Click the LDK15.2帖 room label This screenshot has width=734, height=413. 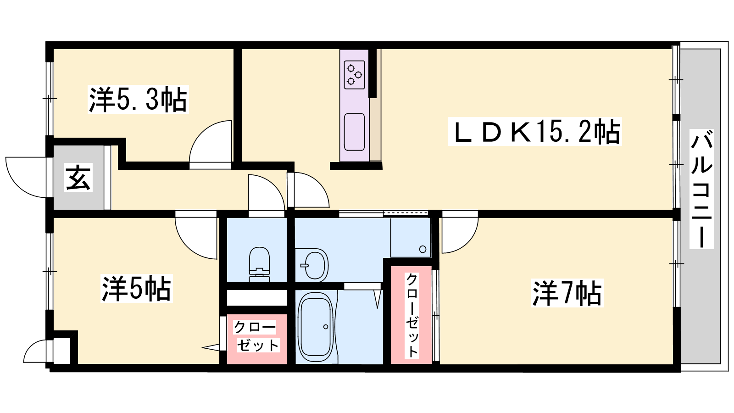[535, 131]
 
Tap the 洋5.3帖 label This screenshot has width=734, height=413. [138, 99]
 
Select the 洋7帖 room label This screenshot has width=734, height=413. [567, 293]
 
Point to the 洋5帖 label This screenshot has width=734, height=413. [136, 289]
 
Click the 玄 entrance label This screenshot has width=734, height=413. [78, 177]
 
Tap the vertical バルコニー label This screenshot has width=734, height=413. [701, 189]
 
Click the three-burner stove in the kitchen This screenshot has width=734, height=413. [354, 75]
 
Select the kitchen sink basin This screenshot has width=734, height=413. [354, 132]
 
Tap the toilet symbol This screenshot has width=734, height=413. [260, 264]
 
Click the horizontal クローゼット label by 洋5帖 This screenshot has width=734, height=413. [256, 336]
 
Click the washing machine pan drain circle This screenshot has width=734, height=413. [423, 249]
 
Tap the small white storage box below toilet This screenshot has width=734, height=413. [257, 298]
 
